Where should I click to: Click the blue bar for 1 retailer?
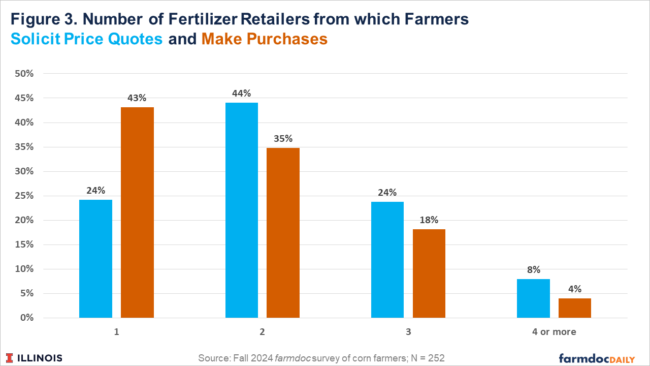(x=95, y=259)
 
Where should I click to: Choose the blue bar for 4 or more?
(x=533, y=298)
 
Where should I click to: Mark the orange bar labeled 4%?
(x=575, y=308)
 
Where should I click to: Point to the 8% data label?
(x=533, y=270)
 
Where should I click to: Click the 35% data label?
(x=283, y=139)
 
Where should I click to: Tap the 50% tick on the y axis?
(x=24, y=74)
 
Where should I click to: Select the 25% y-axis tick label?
(x=24, y=196)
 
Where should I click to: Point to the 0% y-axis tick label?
(x=26, y=318)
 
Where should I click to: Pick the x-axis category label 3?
(x=408, y=332)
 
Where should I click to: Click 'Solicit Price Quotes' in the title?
(x=87, y=39)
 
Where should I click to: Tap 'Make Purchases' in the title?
(x=264, y=39)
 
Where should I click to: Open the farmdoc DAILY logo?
(x=597, y=358)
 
